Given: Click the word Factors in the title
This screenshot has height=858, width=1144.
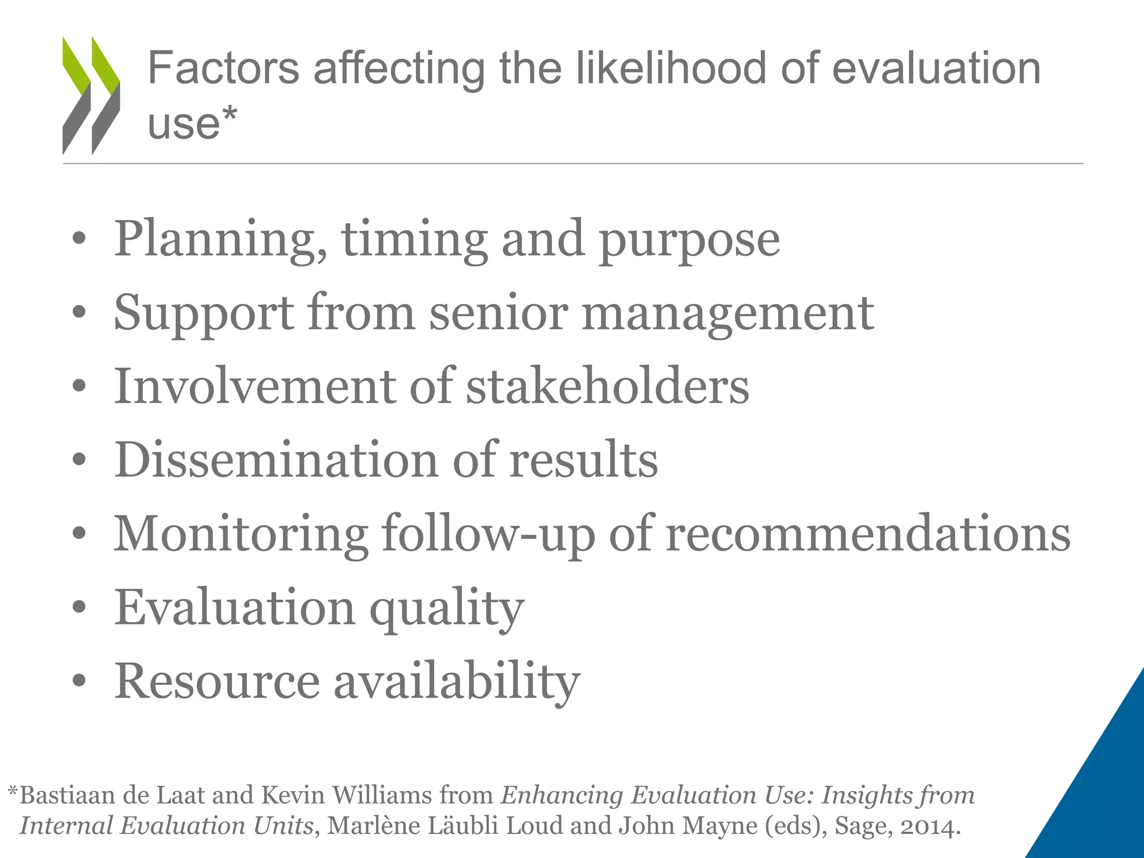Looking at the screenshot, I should click(x=223, y=68).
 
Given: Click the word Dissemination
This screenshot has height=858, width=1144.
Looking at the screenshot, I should click(x=277, y=460).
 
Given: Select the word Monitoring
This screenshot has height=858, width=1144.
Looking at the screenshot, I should click(x=241, y=535).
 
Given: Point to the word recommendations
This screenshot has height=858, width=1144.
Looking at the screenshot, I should click(x=868, y=533).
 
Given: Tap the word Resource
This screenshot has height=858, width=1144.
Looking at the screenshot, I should click(x=217, y=681).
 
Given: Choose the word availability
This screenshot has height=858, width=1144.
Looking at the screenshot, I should click(x=457, y=682).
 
